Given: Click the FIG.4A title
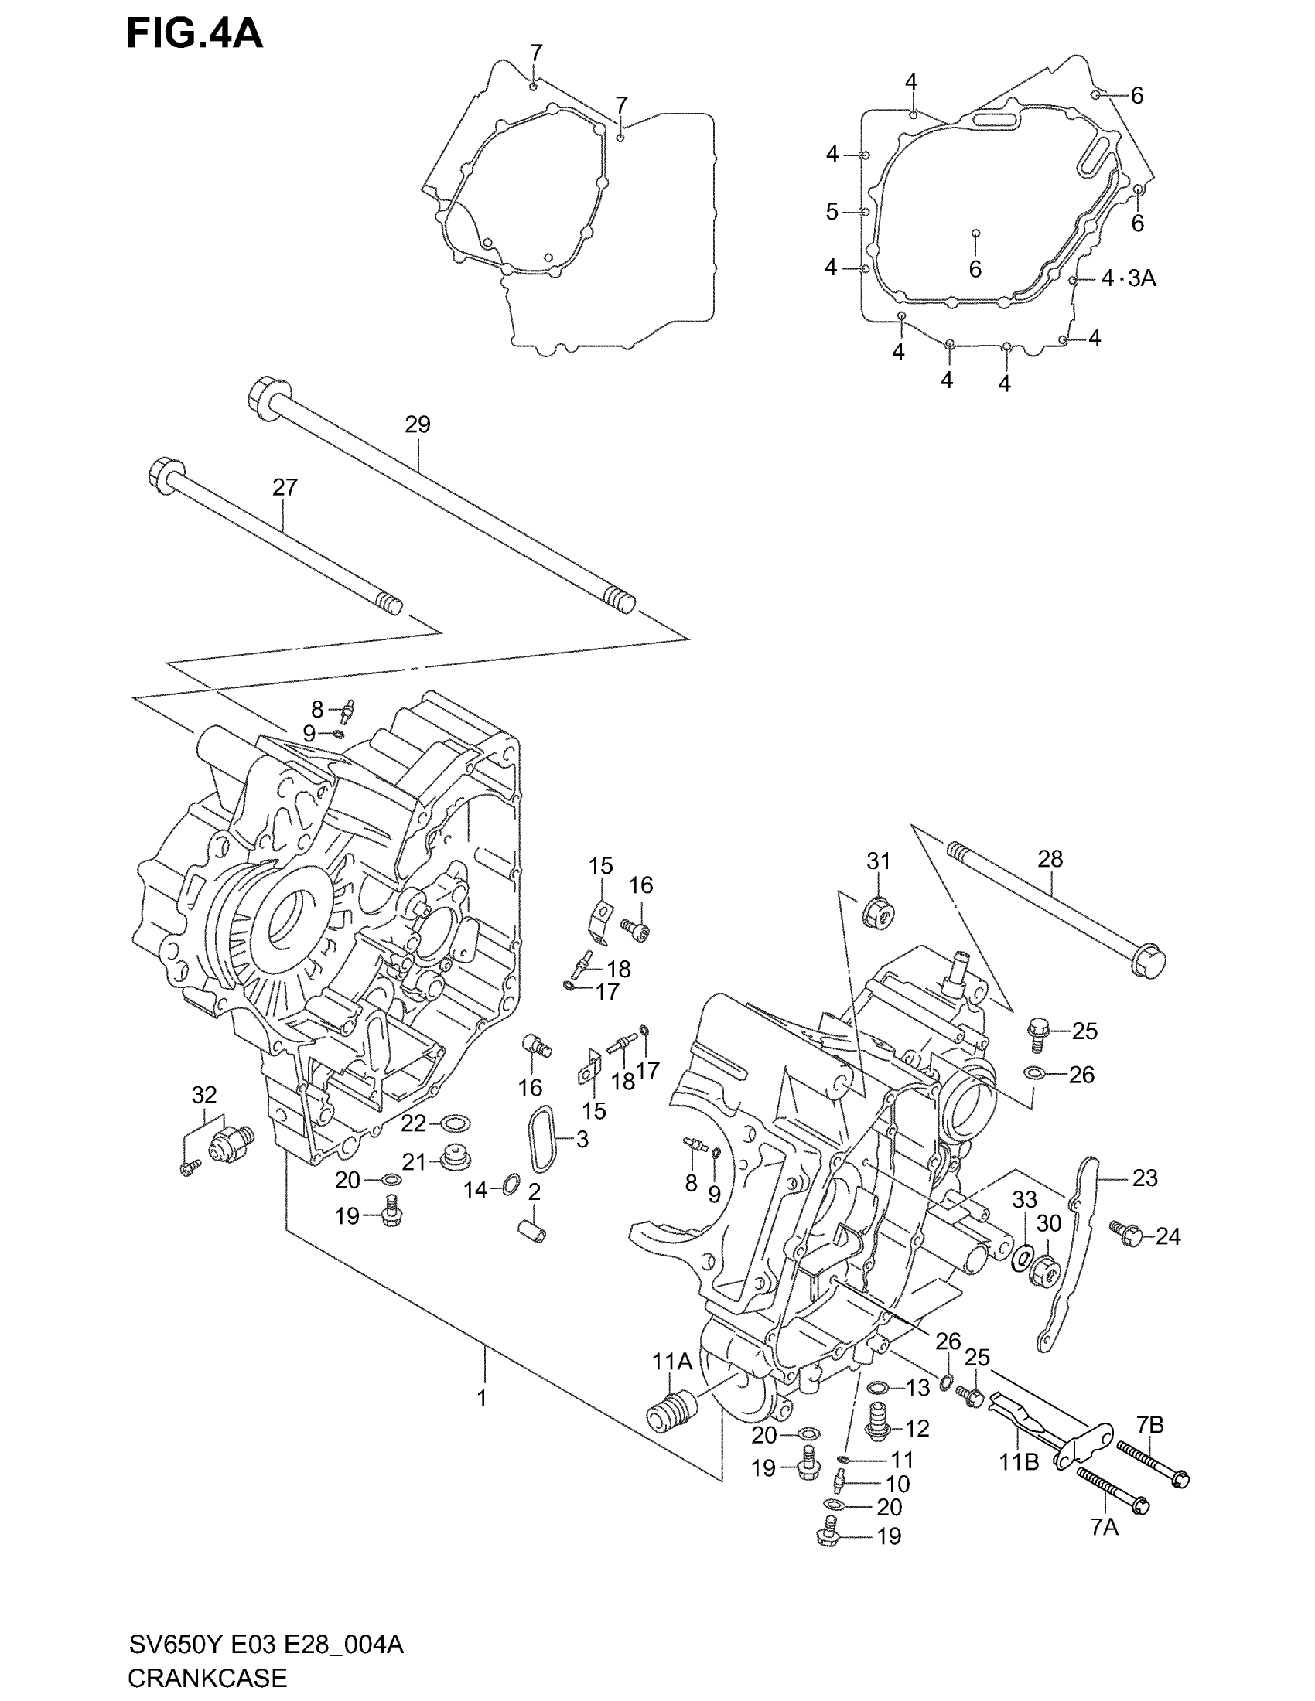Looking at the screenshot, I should click(195, 34).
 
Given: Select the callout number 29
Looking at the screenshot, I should click(418, 424).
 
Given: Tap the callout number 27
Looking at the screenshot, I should click(285, 488).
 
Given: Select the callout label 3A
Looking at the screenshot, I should click(1141, 278).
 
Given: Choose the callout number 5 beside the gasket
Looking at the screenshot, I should click(832, 211).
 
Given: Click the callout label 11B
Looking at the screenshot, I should click(1019, 1462).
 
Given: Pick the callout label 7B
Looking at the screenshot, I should click(1149, 1424).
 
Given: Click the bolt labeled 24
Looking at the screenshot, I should click(1127, 1233).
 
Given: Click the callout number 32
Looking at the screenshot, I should click(204, 1094).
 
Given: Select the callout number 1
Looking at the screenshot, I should click(482, 1398).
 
